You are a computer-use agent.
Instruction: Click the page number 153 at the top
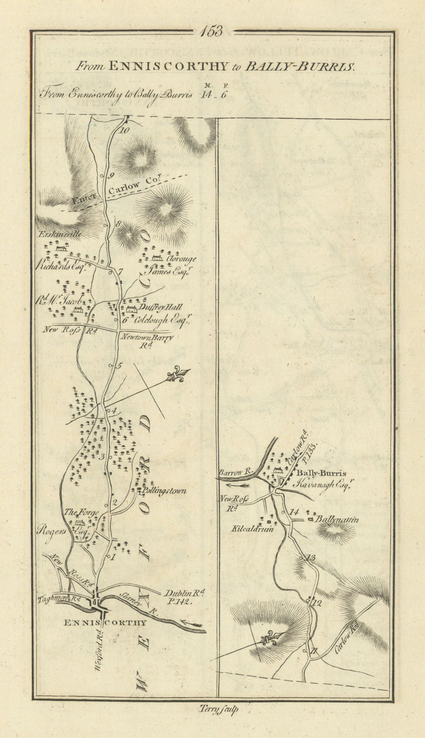(x=212, y=31)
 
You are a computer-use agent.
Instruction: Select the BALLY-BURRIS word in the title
(x=299, y=66)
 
